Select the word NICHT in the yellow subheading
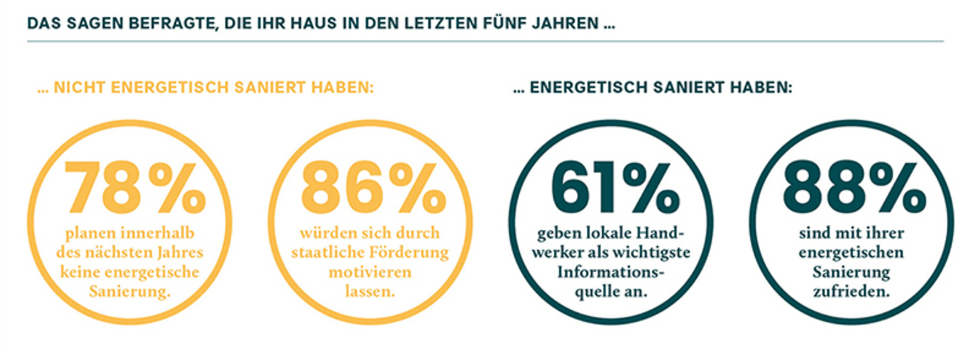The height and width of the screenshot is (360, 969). click(x=82, y=89)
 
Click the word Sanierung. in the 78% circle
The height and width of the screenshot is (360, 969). click(x=130, y=291)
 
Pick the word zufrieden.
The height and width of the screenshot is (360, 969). click(x=853, y=291)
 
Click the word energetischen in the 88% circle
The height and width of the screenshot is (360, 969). click(x=853, y=252)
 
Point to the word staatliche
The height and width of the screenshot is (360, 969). click(x=328, y=252)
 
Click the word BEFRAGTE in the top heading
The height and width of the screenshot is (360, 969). click(x=148, y=23)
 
